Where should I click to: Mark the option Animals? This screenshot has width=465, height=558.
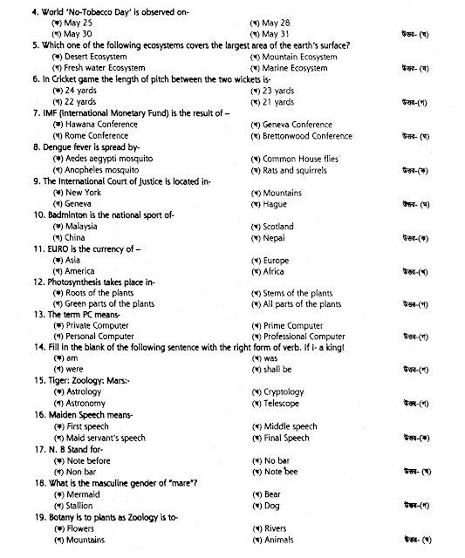point(281,540)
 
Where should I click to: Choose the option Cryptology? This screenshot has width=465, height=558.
point(284,392)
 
